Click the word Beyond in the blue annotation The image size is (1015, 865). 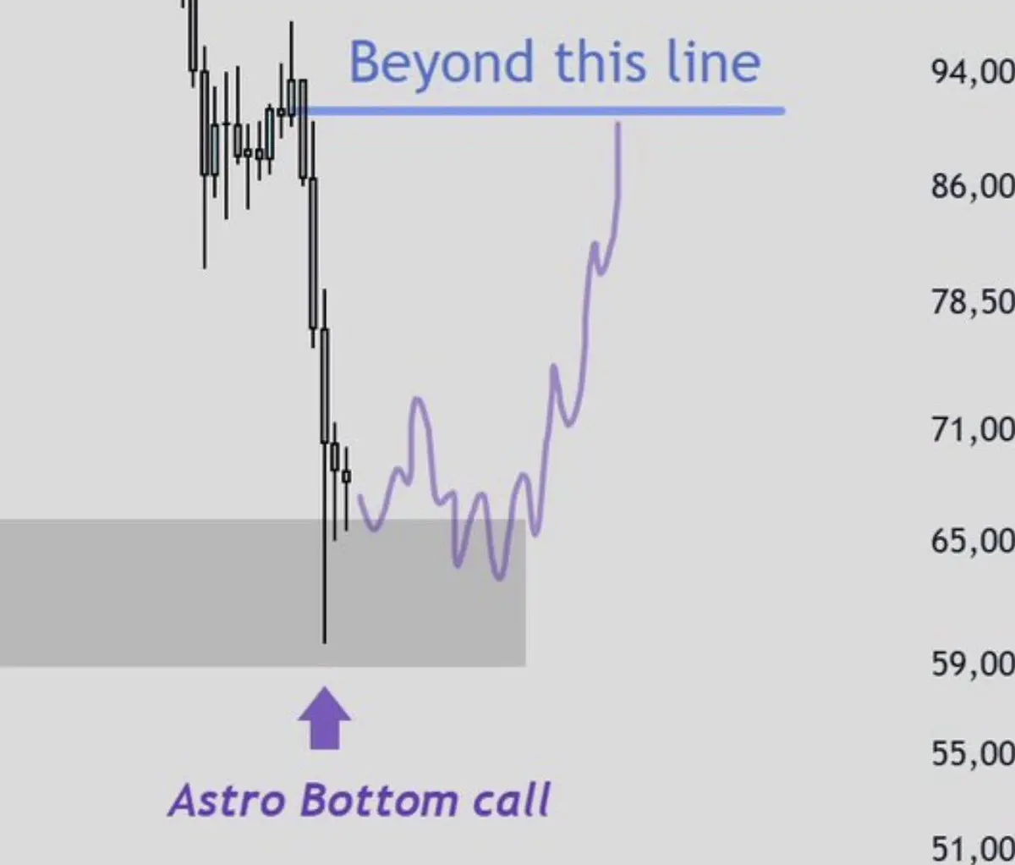coord(441,63)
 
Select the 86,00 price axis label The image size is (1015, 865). coord(972,187)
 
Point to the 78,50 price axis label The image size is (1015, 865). coord(972,302)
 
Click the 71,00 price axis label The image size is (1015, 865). coord(972,430)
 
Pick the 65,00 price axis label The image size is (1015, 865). coord(972,541)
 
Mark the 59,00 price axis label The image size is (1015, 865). coord(972,664)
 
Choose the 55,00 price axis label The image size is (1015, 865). coord(972,753)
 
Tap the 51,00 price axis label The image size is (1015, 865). coord(972,848)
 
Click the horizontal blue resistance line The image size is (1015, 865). coord(543,112)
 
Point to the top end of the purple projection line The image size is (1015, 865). coord(618,124)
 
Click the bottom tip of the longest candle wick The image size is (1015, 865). coord(324,642)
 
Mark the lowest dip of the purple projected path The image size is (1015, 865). coord(499,577)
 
